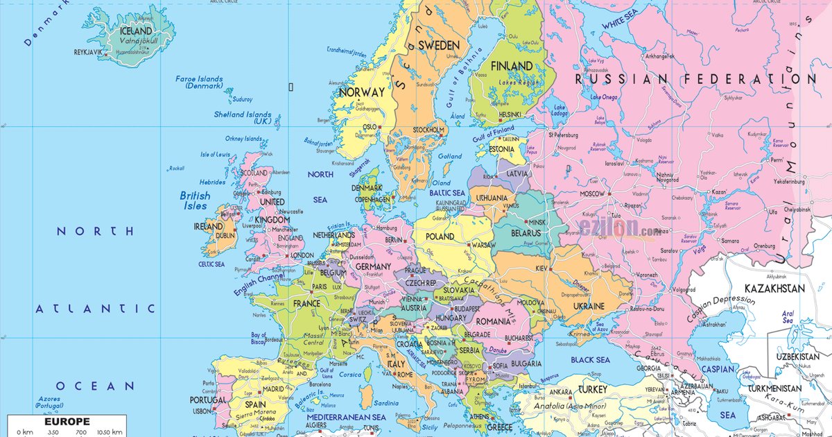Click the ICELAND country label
136,31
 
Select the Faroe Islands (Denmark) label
199,82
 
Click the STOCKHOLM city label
428,130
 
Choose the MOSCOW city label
592,194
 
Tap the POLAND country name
440,237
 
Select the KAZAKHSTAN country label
774,288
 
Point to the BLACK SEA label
590,360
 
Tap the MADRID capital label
273,389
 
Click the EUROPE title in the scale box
67,421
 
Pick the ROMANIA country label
493,322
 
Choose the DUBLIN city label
225,236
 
